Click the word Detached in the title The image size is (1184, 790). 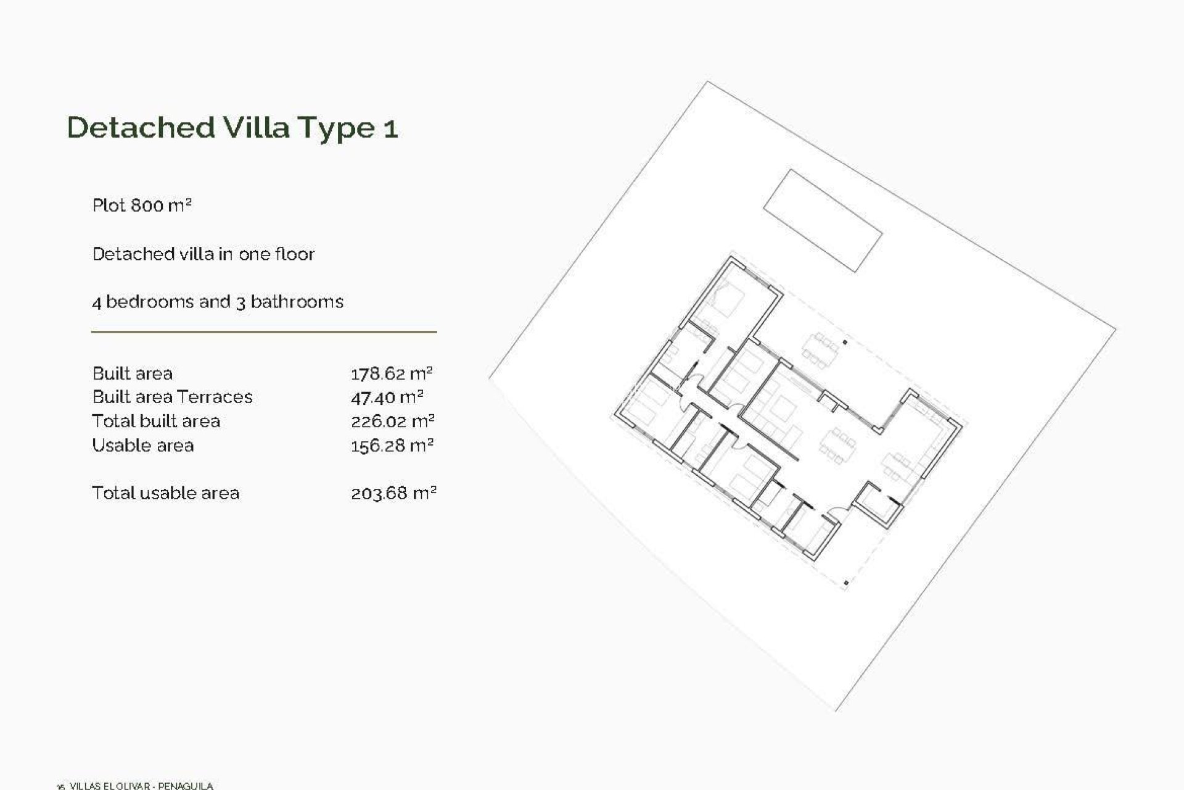pyautogui.click(x=141, y=127)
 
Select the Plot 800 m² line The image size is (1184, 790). pyautogui.click(x=142, y=205)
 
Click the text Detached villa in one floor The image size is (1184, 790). pyautogui.click(x=203, y=254)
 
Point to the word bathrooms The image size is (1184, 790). pyautogui.click(x=297, y=302)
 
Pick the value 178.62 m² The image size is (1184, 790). pyautogui.click(x=392, y=373)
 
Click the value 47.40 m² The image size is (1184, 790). pyautogui.click(x=387, y=397)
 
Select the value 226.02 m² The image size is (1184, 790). pyautogui.click(x=393, y=422)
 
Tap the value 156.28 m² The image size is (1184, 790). pyautogui.click(x=392, y=446)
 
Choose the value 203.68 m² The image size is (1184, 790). pyautogui.click(x=393, y=493)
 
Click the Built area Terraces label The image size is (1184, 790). pyautogui.click(x=172, y=397)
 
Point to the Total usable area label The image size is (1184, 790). pyautogui.click(x=165, y=493)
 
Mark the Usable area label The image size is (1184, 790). pyautogui.click(x=142, y=446)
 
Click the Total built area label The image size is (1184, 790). pyautogui.click(x=155, y=422)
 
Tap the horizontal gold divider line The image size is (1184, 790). pyautogui.click(x=264, y=332)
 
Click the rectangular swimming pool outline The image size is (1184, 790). pyautogui.click(x=823, y=220)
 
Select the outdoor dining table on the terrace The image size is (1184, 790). pyautogui.click(x=820, y=350)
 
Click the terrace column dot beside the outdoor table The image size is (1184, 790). pyautogui.click(x=845, y=343)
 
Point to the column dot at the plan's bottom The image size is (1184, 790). pyautogui.click(x=845, y=583)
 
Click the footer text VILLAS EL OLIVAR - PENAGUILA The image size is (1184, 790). pyautogui.click(x=141, y=786)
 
